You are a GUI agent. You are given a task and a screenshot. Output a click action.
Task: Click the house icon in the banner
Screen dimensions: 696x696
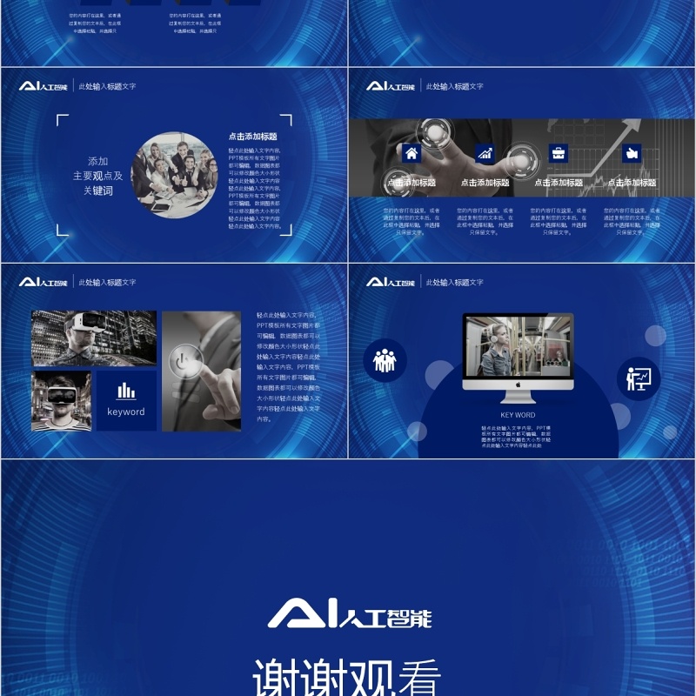412,153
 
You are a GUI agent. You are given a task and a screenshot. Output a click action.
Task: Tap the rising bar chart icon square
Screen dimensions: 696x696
485,153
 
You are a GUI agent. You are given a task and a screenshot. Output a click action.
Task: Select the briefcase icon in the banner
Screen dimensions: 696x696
558,153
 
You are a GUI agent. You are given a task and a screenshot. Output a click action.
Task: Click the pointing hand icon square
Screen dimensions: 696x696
632,153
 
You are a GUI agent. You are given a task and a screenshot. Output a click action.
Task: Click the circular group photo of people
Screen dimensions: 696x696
174,174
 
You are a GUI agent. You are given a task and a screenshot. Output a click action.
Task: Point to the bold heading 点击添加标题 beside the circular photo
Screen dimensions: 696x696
252,137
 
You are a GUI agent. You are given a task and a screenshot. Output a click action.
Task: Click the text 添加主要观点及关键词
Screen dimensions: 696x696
97,176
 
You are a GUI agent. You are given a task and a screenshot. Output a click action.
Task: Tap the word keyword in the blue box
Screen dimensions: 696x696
126,412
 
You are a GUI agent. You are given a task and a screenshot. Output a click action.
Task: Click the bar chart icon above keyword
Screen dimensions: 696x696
126,391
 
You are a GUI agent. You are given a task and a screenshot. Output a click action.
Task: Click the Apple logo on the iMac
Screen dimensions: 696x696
518,384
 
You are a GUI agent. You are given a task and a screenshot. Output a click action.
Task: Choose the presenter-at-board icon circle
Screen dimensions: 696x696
639,378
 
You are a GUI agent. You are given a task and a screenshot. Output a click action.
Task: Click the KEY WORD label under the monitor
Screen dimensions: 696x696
518,415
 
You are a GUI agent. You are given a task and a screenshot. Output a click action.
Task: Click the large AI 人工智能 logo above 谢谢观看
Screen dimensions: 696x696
349,616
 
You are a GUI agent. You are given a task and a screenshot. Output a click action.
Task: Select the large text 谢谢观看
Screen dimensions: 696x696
347,675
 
